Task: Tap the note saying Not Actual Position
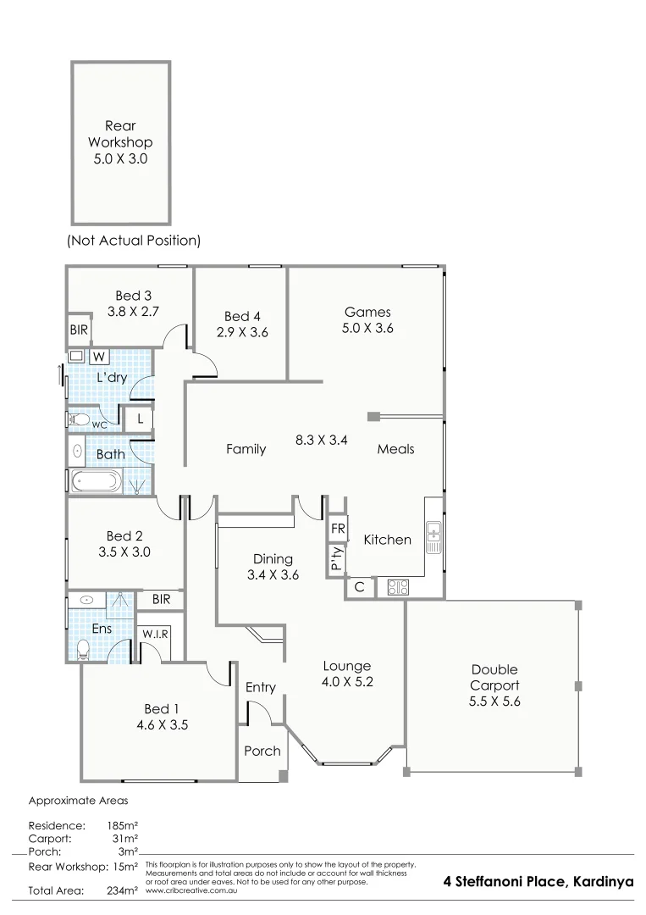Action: tap(134, 241)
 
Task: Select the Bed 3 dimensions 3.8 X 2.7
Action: tap(134, 311)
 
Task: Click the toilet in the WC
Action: tap(80, 418)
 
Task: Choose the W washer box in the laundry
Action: tap(98, 357)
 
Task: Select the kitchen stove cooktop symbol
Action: tap(397, 586)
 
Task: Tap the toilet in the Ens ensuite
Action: tap(83, 649)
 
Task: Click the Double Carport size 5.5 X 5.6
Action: tap(494, 701)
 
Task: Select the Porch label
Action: tap(262, 751)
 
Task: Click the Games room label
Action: tap(367, 312)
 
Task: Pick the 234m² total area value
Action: tap(120, 890)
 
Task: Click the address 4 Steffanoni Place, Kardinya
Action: tap(538, 881)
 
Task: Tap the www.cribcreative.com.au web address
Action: tap(191, 890)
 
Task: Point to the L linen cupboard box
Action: tap(139, 419)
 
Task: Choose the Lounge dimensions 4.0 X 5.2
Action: tap(346, 682)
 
